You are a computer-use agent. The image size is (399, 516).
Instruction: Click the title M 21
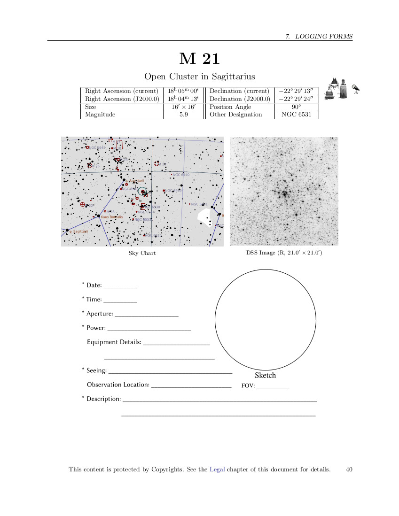pos(199,59)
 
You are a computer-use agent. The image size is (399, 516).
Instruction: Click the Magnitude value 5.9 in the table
pos(184,115)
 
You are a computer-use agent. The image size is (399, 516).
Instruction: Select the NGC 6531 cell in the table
pos(297,115)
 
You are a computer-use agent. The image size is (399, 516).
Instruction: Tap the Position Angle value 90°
pos(297,107)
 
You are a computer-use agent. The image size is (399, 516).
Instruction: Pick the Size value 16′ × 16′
pos(184,107)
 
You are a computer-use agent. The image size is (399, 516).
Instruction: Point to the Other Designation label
pos(235,115)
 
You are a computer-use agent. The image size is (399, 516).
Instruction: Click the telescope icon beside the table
pos(356,88)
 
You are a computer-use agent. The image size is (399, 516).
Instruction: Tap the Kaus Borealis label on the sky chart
pos(112,217)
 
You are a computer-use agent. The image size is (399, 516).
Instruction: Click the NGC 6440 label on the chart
pos(181,175)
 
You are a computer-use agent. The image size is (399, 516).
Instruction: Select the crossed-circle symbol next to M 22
pos(83,204)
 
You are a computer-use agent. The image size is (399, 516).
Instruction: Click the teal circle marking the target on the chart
pos(142,191)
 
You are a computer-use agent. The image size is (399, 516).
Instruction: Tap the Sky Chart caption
pos(142,253)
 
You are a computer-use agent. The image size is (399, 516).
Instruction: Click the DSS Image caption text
pos(284,253)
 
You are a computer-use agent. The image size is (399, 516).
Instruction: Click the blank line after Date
pos(120,287)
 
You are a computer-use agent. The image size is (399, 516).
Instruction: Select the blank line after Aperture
pos(146,316)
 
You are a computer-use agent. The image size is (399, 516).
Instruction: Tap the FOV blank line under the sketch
pos(273,387)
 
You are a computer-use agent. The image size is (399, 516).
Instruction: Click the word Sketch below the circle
pos(265,375)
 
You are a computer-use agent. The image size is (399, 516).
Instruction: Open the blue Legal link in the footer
pos(217,469)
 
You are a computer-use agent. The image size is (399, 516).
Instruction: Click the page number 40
pos(349,469)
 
